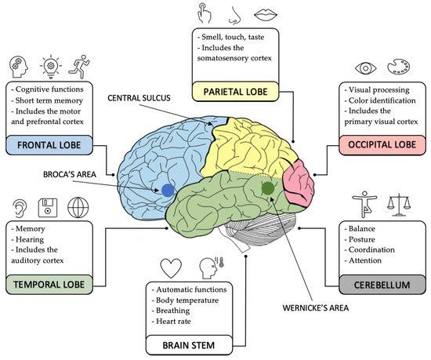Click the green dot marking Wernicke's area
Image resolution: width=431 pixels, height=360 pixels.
pos(268,188)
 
